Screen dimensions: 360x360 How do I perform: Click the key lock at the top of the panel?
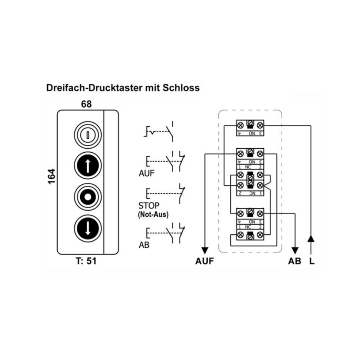(88, 136)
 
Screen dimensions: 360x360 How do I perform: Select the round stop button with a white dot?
(88, 197)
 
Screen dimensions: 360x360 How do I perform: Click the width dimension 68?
(86, 104)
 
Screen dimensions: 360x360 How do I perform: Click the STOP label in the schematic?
(148, 206)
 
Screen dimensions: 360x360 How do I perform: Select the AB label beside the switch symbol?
(144, 246)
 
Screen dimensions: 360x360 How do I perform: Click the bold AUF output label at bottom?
(204, 261)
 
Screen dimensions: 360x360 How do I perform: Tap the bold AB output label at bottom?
(294, 261)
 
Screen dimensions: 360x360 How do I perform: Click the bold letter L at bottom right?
(312, 261)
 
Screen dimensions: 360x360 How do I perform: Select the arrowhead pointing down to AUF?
(205, 251)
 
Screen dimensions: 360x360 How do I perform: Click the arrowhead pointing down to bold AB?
(295, 251)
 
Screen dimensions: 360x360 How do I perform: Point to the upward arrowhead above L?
(312, 239)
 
